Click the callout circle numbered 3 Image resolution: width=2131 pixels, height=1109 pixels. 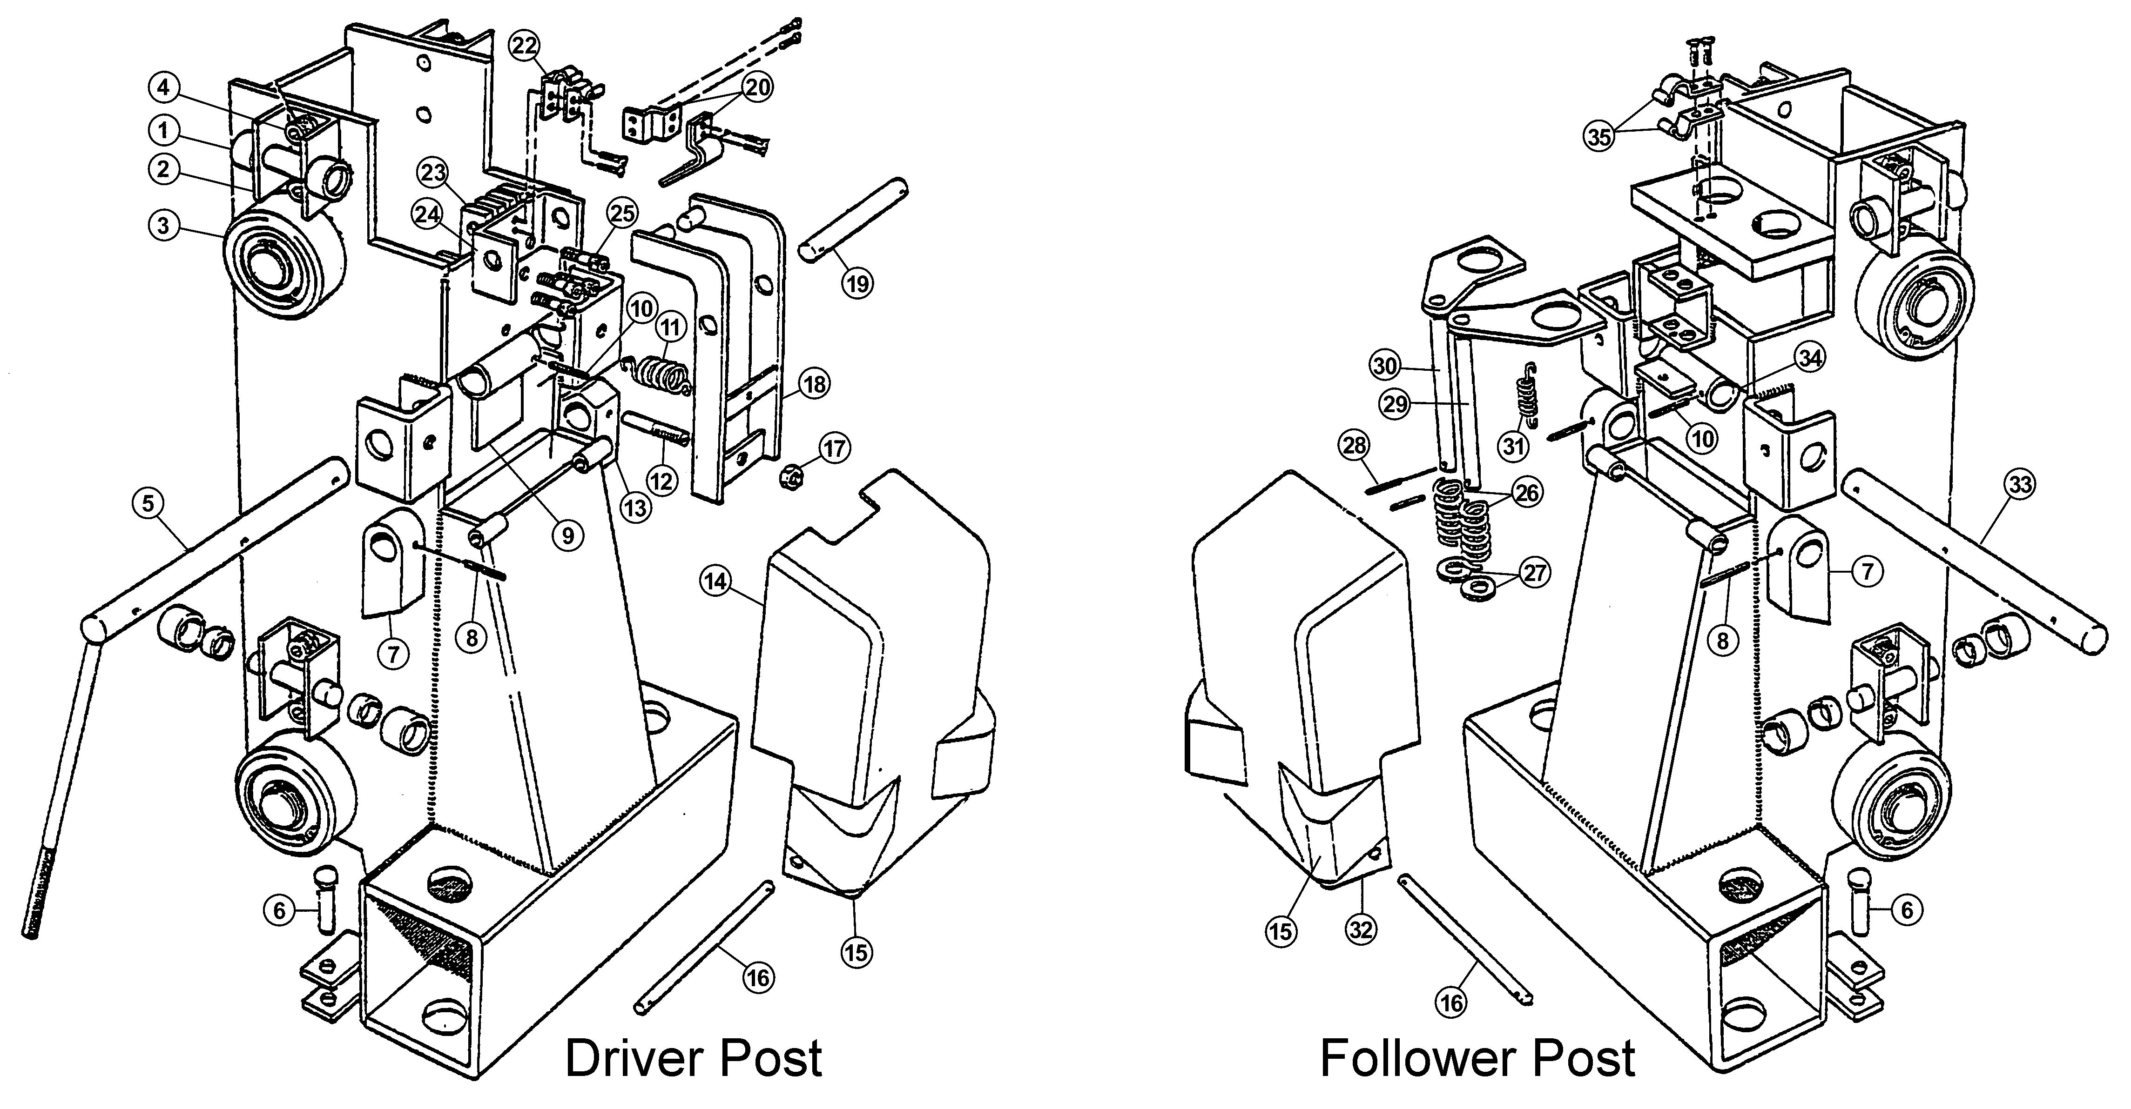164,225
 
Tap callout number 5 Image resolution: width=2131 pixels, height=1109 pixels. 148,504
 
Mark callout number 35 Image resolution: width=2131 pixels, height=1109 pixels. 1598,136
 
